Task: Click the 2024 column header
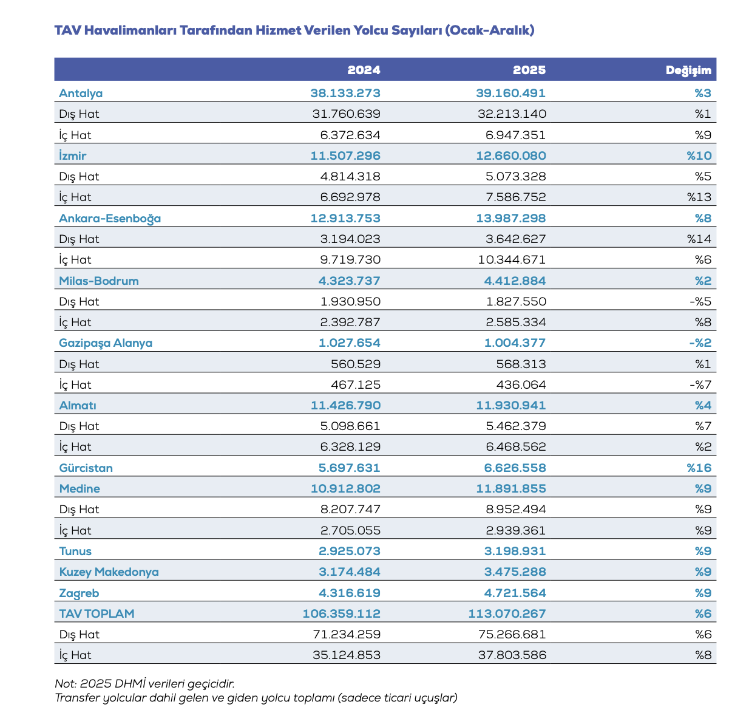coord(364,70)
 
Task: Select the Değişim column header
coord(688,70)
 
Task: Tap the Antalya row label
coord(81,94)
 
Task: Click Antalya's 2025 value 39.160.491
coord(510,94)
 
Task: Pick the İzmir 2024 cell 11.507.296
coord(345,156)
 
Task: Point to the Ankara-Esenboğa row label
coord(110,219)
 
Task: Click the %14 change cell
coord(699,239)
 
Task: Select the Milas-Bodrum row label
coord(99,281)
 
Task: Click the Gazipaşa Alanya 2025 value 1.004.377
coord(515,343)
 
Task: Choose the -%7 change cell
coord(700,385)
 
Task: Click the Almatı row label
coord(78,406)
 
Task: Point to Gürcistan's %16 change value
coord(699,468)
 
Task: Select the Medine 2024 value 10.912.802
coord(345,489)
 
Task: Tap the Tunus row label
coord(75,552)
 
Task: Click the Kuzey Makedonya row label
coord(109,572)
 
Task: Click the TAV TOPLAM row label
coord(97,614)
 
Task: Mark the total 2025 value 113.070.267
coord(507,614)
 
